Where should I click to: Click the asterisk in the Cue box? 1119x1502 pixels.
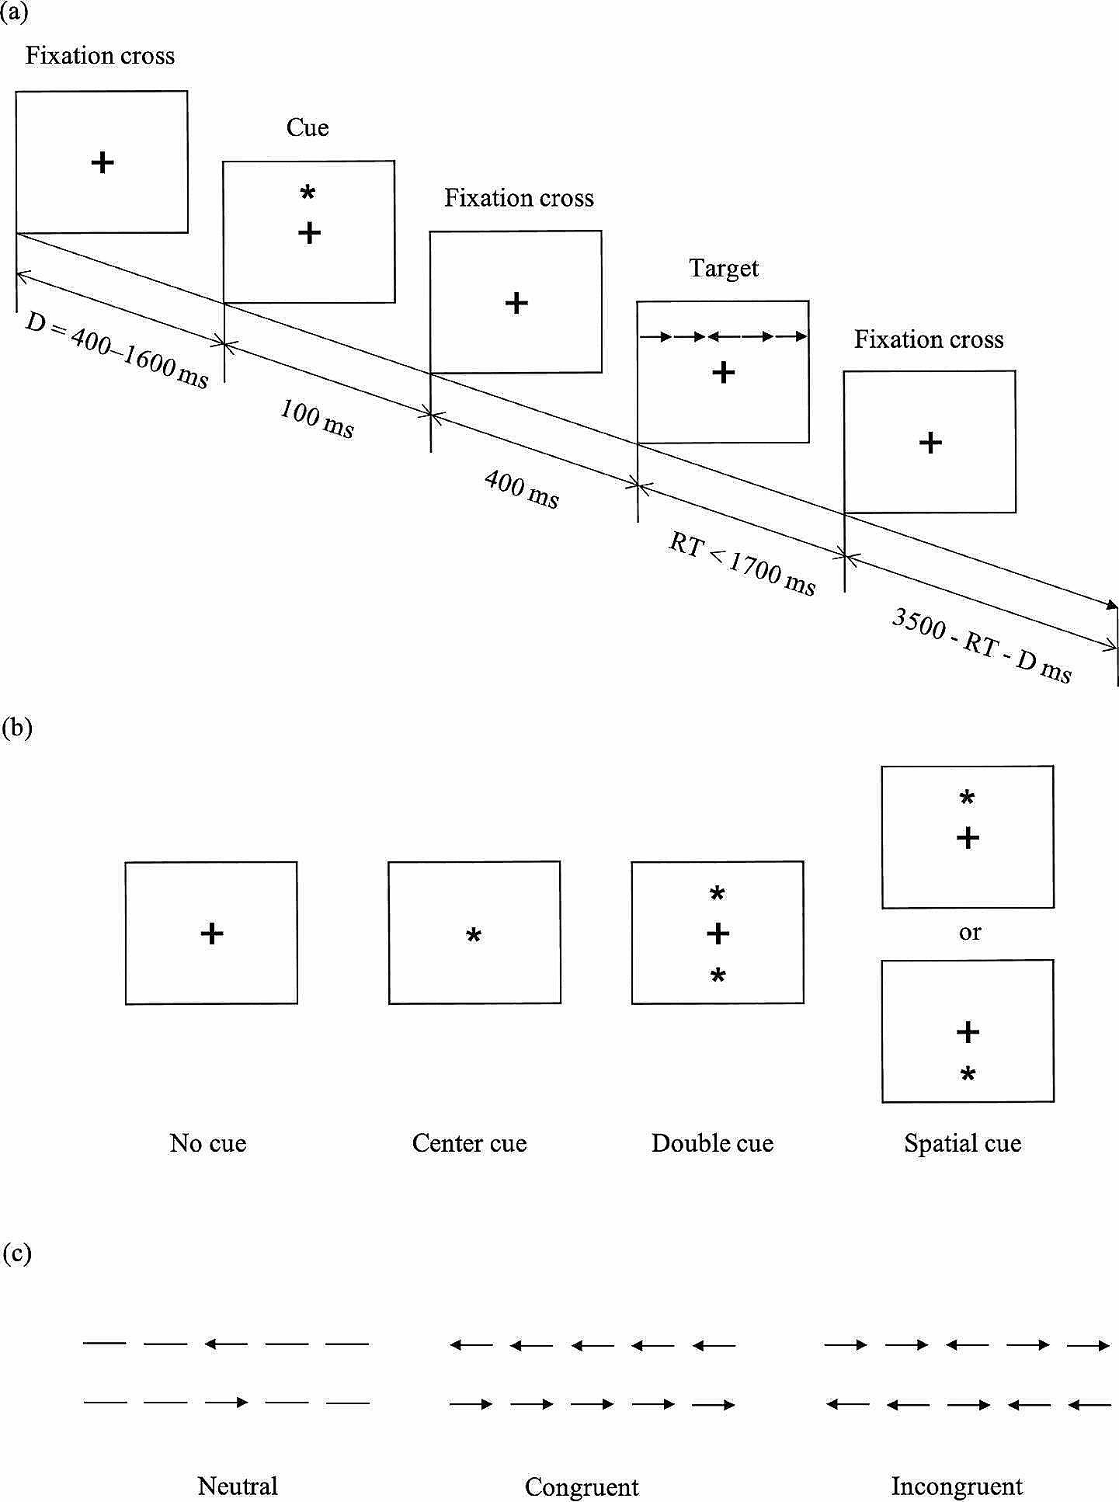(x=308, y=193)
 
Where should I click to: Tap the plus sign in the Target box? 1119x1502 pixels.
(x=723, y=373)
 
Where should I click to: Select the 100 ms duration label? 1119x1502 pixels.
(x=317, y=419)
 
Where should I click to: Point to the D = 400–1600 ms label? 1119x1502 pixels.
(x=117, y=350)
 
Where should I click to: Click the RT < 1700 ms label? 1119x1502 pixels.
(x=742, y=565)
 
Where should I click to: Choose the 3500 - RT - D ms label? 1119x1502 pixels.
(x=982, y=645)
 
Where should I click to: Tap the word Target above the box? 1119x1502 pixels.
(x=724, y=269)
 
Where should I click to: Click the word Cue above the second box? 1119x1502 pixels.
(x=308, y=127)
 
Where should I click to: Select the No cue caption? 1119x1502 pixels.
(x=208, y=1143)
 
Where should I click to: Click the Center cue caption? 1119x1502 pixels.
(x=469, y=1143)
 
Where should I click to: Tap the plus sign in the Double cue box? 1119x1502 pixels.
(x=718, y=933)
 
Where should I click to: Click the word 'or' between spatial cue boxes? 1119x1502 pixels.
(x=970, y=933)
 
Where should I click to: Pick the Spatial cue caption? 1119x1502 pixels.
(x=962, y=1143)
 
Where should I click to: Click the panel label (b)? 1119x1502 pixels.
(x=17, y=727)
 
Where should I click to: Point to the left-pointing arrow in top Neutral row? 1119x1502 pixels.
(x=226, y=1344)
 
